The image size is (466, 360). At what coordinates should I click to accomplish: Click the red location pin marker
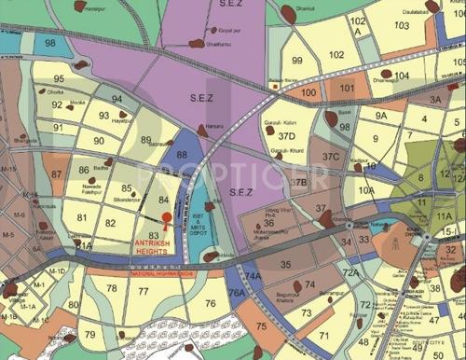(167, 220)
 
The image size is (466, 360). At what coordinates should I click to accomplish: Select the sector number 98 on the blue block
(49, 44)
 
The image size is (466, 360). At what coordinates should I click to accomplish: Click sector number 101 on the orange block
(347, 90)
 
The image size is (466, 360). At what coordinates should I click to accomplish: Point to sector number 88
(182, 155)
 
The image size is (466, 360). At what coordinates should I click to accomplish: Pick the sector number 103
(402, 25)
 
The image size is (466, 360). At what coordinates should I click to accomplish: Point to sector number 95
(59, 80)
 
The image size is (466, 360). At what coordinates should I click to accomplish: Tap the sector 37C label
(331, 157)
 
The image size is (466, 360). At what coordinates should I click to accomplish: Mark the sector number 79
(89, 335)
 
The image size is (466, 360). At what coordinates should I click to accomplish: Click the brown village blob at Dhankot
(287, 14)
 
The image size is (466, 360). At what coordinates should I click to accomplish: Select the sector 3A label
(434, 100)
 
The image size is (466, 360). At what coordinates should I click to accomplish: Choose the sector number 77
(143, 292)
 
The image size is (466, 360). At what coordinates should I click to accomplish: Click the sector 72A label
(350, 272)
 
